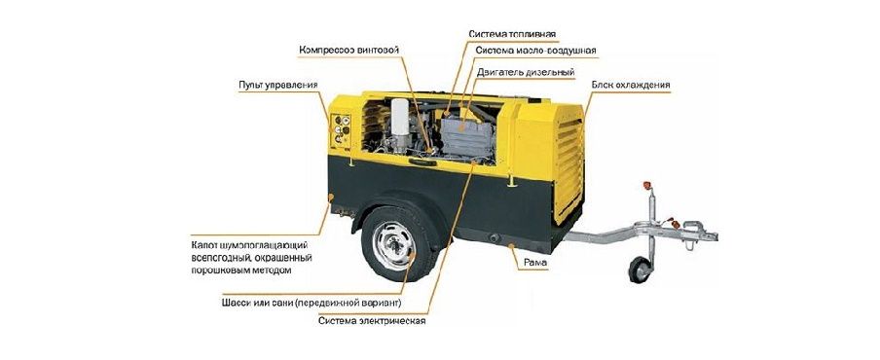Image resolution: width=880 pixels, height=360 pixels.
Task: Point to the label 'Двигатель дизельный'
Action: click(x=526, y=72)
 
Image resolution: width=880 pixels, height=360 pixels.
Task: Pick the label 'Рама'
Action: click(x=534, y=263)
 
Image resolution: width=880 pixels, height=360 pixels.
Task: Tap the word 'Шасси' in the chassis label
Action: click(x=238, y=301)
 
